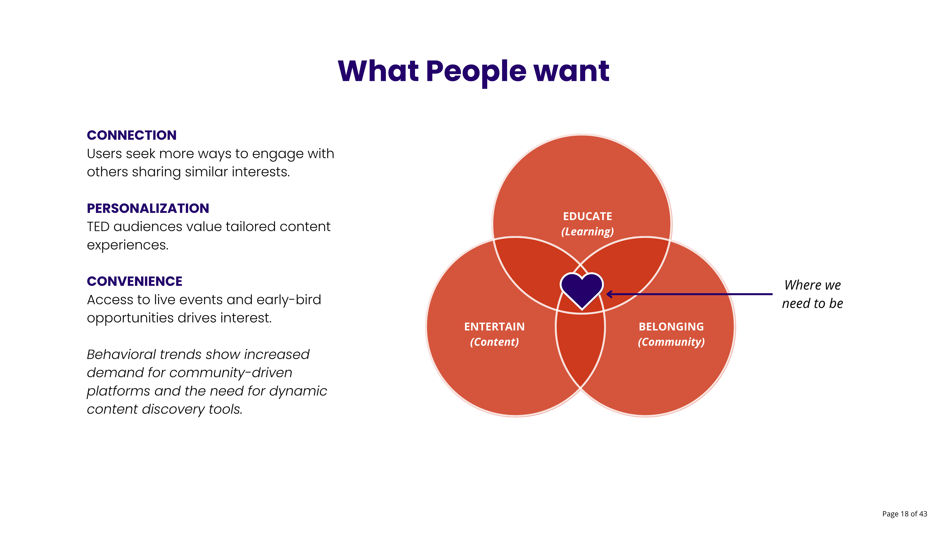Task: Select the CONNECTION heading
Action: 132,135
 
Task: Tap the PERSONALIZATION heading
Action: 148,209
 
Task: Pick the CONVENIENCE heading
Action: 135,281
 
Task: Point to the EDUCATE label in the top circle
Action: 587,216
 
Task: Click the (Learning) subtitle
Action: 587,232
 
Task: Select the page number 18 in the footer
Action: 904,514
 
